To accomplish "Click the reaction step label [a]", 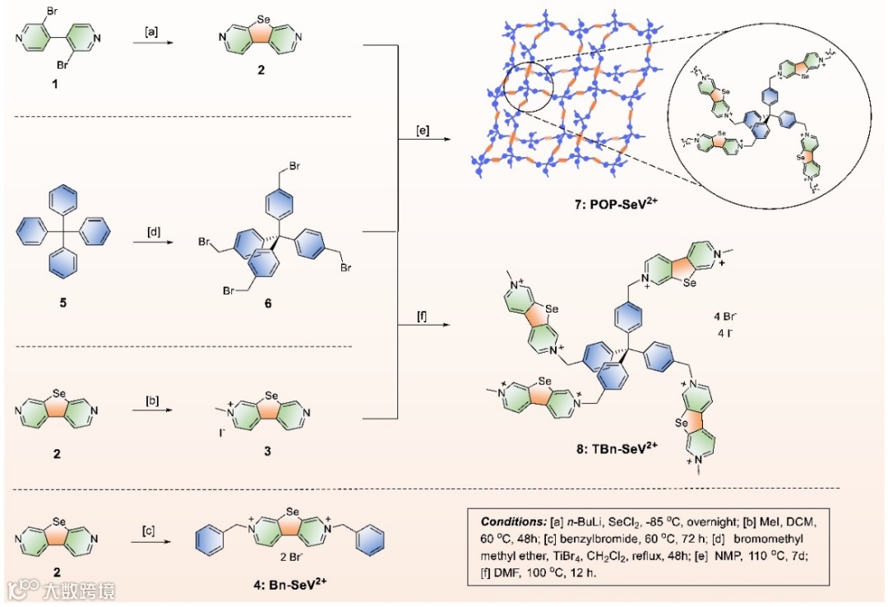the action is [152, 33].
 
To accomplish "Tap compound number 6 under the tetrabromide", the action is [267, 304].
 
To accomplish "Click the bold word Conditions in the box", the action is [507, 521].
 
